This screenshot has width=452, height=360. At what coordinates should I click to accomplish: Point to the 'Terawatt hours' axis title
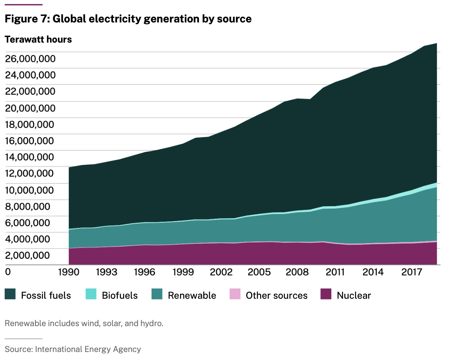tap(38, 39)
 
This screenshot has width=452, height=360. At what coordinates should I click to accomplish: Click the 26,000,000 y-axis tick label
tap(30, 59)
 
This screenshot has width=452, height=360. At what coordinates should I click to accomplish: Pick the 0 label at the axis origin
tap(8, 272)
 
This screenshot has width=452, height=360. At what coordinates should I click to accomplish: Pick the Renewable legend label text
tap(192, 296)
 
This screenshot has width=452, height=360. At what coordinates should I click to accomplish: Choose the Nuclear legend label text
tap(354, 296)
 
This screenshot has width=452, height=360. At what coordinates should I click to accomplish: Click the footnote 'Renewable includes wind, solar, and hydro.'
tap(84, 324)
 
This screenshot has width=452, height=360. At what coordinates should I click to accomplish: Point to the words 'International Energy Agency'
tap(88, 349)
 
